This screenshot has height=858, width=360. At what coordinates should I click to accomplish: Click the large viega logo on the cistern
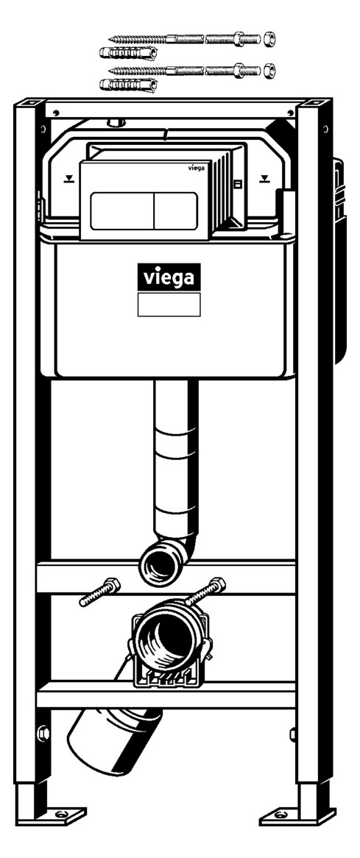point(169,277)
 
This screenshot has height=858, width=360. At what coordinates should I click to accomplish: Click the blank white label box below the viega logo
point(169,304)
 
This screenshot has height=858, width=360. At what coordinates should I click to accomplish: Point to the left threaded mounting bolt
point(99,592)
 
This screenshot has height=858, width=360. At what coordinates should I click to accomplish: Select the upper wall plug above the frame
point(128,53)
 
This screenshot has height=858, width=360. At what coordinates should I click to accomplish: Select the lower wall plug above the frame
point(128,85)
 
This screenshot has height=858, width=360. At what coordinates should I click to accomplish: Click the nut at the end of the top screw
point(269,39)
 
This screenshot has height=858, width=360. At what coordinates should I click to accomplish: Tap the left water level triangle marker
point(68,178)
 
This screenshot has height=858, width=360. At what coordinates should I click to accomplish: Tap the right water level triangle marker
point(265,178)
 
